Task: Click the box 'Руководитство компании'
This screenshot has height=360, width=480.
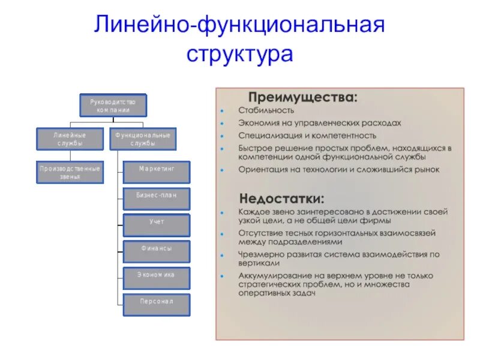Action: click(113, 106)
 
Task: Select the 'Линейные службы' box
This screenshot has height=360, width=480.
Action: click(70, 139)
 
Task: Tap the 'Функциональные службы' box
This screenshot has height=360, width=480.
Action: click(142, 139)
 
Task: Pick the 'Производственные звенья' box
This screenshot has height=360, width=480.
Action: click(70, 173)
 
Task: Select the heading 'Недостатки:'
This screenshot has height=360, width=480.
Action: click(282, 198)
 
